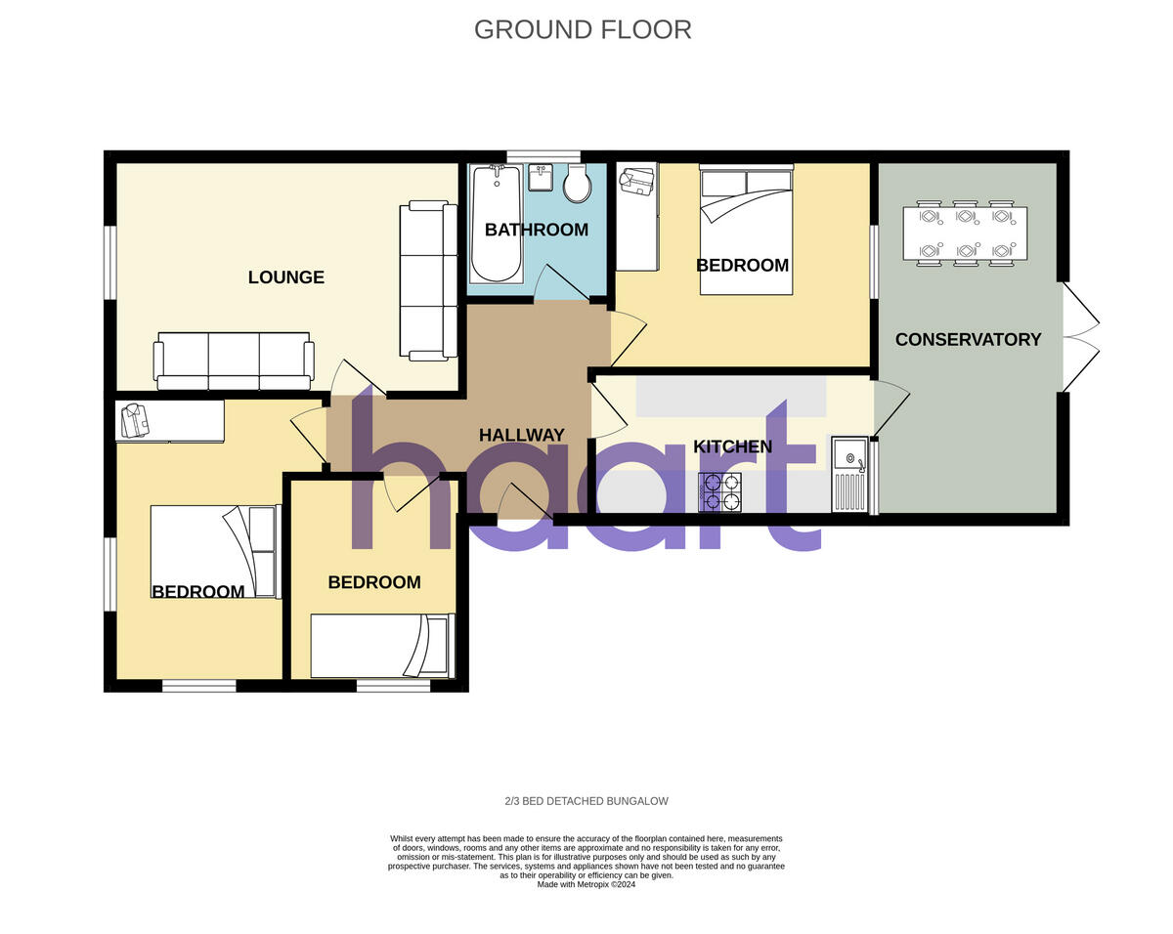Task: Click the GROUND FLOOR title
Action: (583, 29)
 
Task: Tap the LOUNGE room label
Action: (285, 277)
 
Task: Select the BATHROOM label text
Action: (537, 231)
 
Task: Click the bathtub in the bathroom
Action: (495, 224)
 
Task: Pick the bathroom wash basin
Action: (541, 178)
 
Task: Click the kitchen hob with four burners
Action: (719, 491)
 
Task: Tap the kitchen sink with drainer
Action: (849, 475)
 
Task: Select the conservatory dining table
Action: (965, 233)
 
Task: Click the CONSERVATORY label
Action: (968, 340)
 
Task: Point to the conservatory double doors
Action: (1079, 338)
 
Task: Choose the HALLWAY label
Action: (521, 436)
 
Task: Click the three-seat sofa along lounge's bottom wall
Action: (234, 361)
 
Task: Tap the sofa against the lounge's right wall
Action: (428, 279)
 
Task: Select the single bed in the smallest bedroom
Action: (382, 646)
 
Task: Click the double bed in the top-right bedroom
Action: (746, 231)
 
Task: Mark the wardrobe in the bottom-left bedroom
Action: (170, 421)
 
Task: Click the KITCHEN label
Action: (732, 447)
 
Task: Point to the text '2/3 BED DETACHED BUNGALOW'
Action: (586, 801)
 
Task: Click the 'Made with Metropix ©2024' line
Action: (586, 884)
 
